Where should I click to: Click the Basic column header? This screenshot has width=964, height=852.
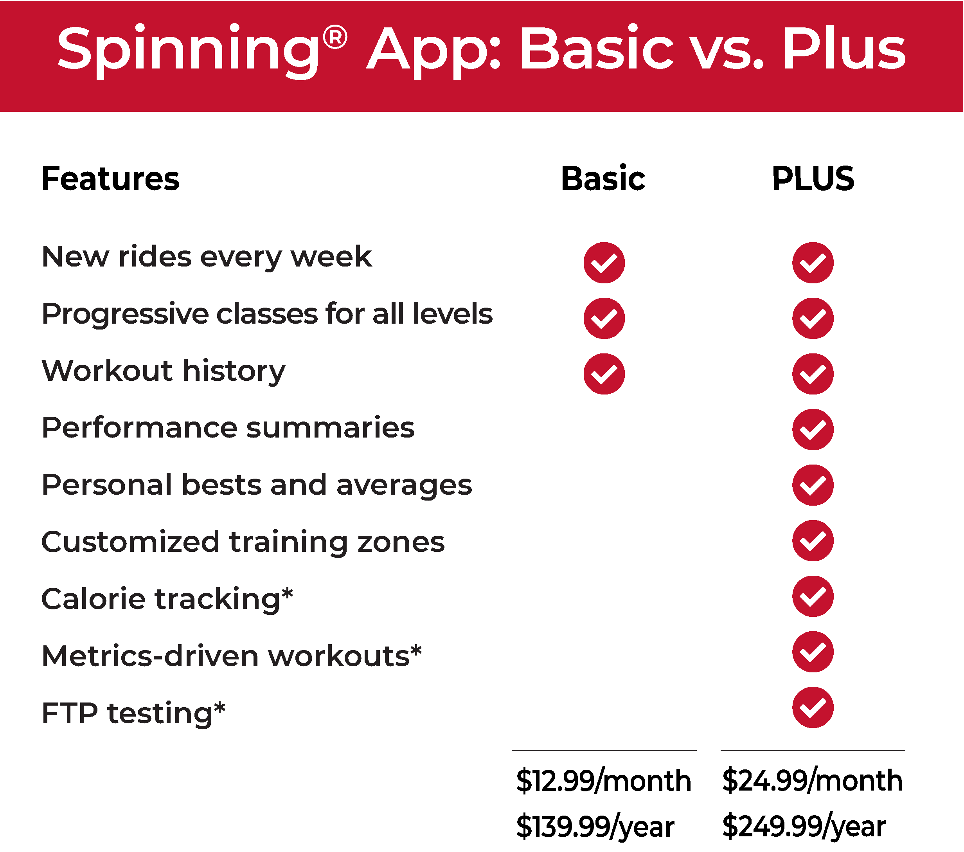tap(603, 179)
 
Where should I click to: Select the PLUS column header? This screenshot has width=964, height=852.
tap(813, 179)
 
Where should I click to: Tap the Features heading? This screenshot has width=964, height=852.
tap(110, 179)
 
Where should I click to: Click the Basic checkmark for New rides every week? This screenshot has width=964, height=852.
tap(604, 263)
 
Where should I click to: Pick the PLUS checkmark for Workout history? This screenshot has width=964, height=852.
tap(813, 374)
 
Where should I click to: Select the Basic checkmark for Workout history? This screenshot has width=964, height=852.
tap(604, 374)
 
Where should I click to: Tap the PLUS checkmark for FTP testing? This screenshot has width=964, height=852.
tap(813, 707)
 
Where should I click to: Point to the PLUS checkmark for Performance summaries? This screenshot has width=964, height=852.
tap(813, 429)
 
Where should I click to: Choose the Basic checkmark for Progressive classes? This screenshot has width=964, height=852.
tap(604, 318)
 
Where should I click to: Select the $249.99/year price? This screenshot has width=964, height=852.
tap(804, 826)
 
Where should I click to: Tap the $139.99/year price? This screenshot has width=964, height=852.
tap(595, 826)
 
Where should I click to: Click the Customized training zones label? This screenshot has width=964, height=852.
tap(243, 542)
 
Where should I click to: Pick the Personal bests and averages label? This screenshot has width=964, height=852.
tap(257, 485)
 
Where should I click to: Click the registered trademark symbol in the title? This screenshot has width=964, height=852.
tap(335, 38)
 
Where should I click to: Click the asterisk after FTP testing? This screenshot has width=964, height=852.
tap(220, 708)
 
